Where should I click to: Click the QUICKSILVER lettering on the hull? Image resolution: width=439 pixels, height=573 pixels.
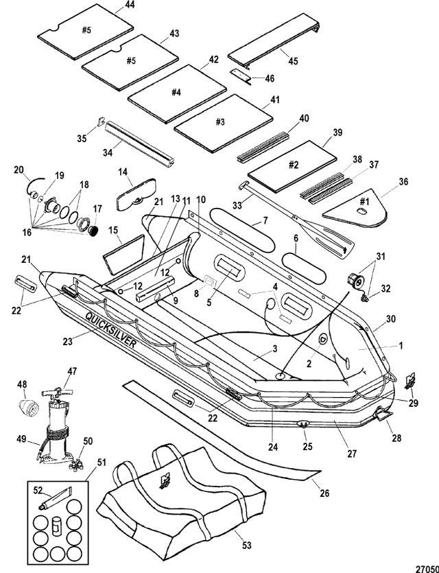point(111,330)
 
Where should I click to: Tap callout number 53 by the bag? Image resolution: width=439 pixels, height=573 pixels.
point(247,545)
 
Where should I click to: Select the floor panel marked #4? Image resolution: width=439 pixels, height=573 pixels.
point(177,94)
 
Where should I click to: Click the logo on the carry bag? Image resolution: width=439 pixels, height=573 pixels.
point(163,481)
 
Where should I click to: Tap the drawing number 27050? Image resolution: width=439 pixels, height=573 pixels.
point(427,569)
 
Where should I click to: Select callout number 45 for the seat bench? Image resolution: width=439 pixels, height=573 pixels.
point(294,60)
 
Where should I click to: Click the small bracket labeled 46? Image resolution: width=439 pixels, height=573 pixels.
point(240,75)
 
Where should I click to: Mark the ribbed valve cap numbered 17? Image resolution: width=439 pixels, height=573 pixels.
point(94,230)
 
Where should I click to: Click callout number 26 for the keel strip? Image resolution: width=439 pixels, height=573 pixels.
point(324,493)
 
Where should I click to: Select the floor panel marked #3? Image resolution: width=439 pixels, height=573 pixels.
point(223,123)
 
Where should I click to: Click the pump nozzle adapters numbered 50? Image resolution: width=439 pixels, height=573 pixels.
point(75,465)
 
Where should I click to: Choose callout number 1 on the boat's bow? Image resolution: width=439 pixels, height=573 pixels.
point(401,345)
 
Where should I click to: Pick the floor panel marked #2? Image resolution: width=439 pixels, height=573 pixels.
point(292,166)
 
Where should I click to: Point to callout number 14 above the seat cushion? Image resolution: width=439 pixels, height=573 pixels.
point(123,172)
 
